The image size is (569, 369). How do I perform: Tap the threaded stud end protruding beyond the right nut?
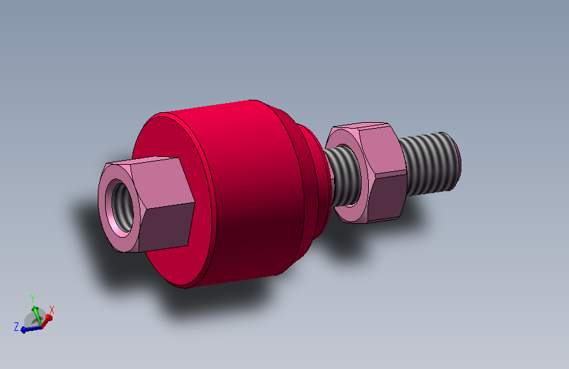click(x=428, y=164)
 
